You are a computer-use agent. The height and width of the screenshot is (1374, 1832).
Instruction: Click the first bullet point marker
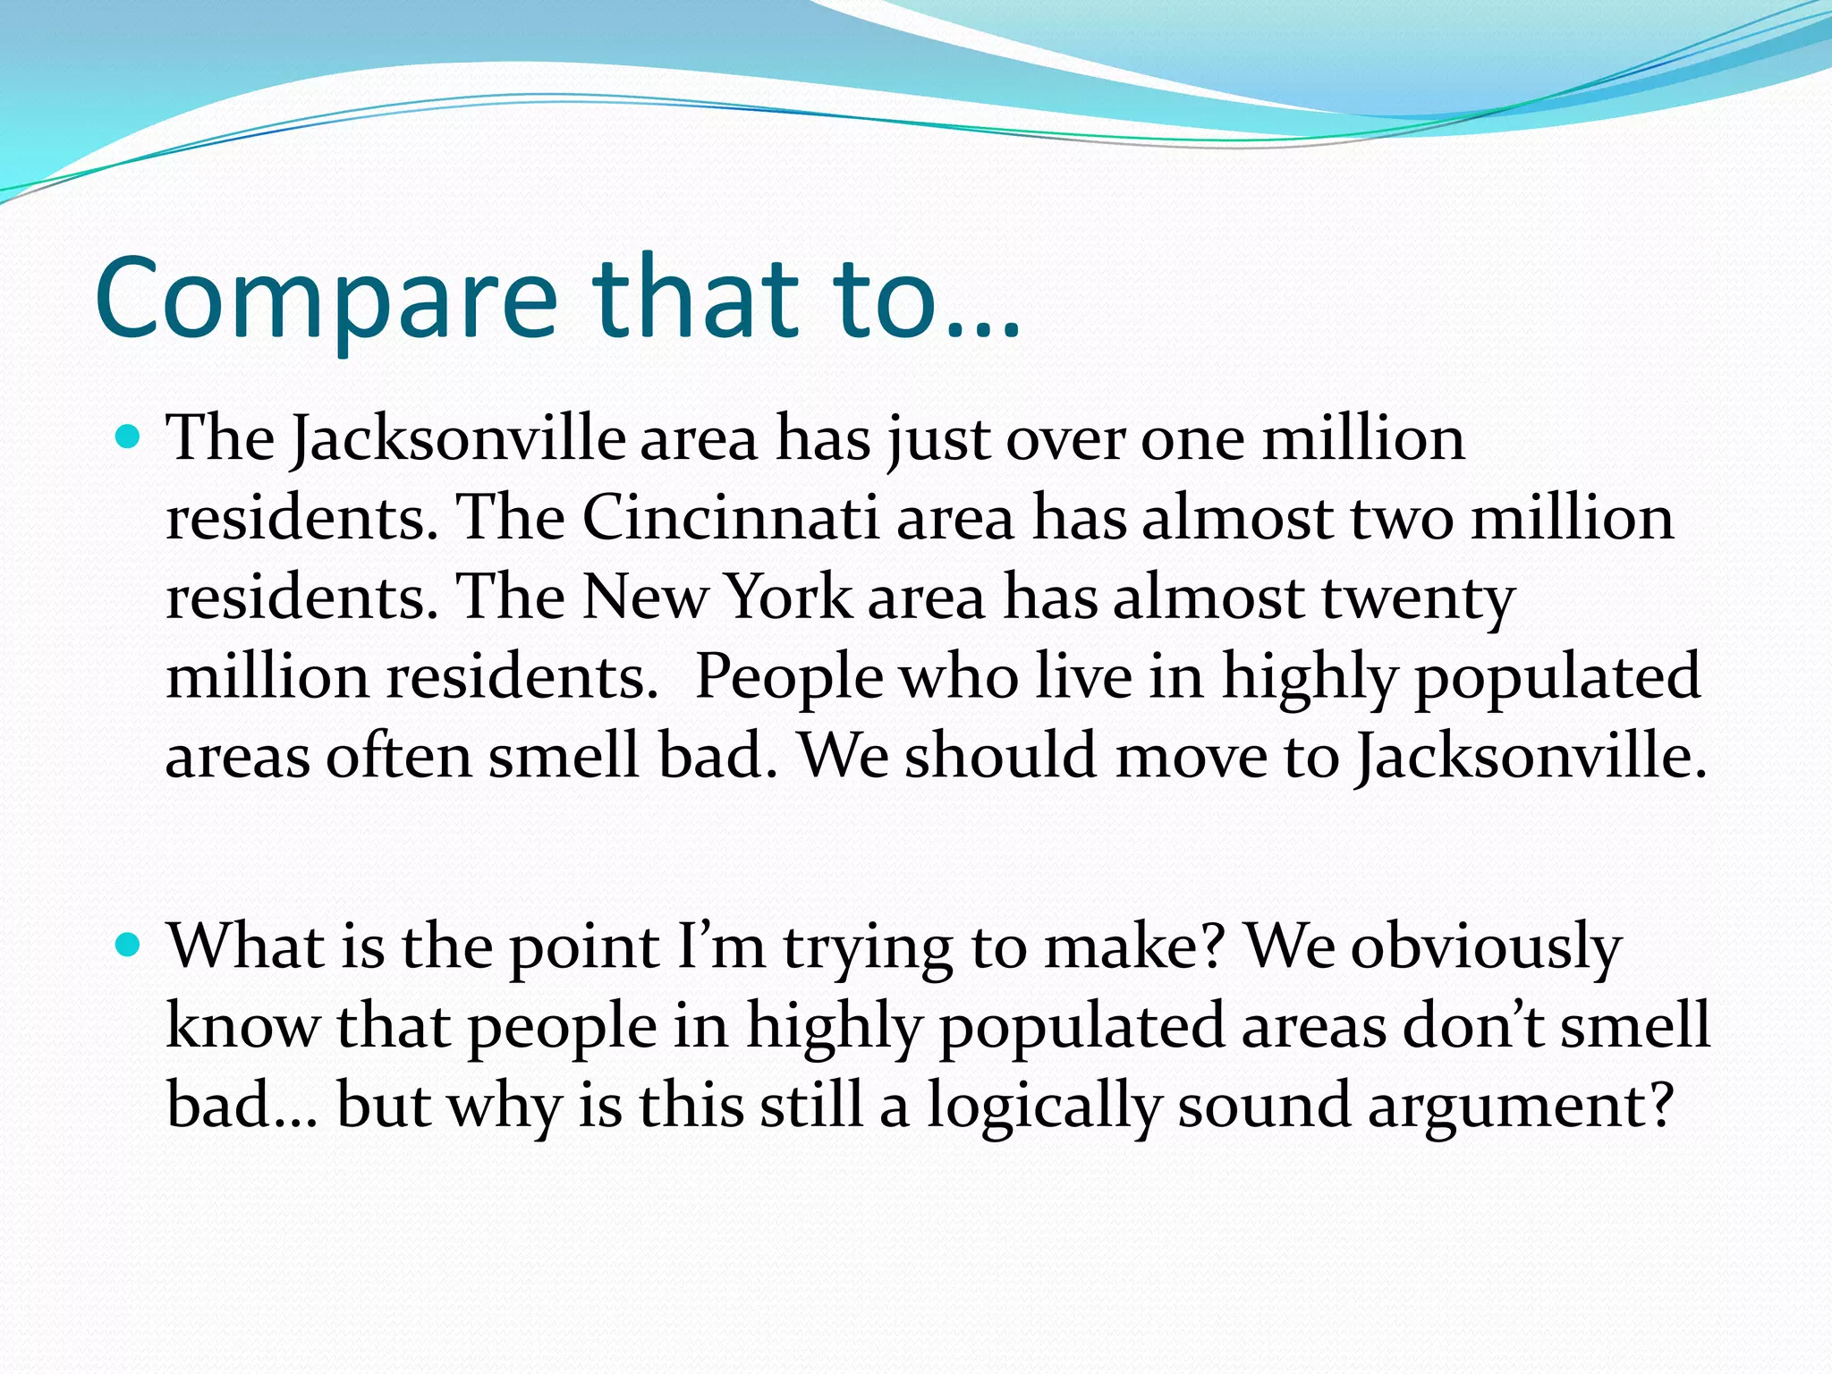[130, 437]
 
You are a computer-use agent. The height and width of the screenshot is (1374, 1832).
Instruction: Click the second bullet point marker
[130, 945]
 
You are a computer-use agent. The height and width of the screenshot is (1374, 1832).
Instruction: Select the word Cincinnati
[731, 517]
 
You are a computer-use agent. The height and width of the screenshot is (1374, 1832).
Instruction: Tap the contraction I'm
[721, 946]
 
